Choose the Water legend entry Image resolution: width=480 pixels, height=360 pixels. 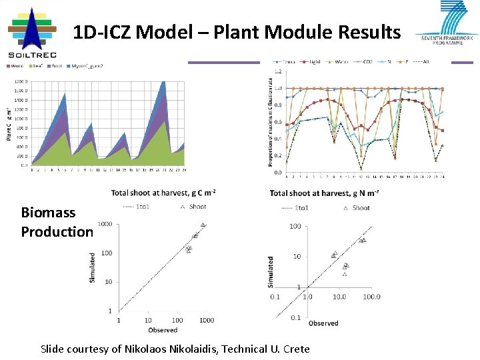click(x=340, y=62)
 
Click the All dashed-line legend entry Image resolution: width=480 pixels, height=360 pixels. click(x=422, y=62)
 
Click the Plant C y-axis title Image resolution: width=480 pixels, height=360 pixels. click(x=9, y=123)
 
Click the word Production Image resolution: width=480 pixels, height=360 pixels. click(x=57, y=231)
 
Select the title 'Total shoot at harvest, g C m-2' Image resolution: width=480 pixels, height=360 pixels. click(x=164, y=193)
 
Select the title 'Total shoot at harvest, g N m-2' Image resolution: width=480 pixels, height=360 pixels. click(x=325, y=193)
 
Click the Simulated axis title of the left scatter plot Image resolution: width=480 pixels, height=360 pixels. click(x=92, y=267)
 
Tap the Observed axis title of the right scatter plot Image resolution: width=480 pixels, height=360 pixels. click(x=323, y=323)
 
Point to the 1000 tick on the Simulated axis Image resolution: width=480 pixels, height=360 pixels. click(x=104, y=223)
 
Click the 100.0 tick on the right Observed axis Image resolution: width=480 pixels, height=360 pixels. click(x=370, y=297)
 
